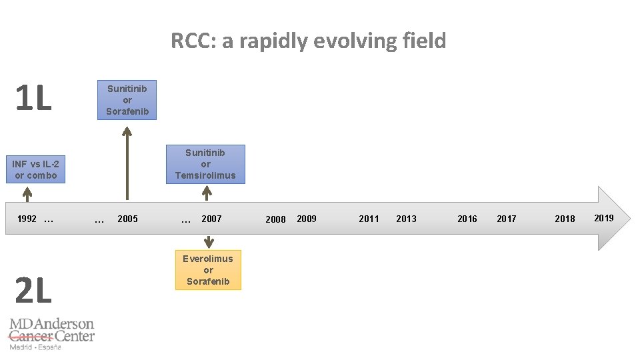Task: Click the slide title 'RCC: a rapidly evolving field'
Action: (308, 41)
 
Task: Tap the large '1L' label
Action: (33, 99)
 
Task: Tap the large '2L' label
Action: (33, 290)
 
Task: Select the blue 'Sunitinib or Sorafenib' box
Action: (127, 100)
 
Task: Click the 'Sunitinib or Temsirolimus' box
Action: (205, 164)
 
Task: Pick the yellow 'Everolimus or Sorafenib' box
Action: (208, 270)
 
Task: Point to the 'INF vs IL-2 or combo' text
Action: (36, 169)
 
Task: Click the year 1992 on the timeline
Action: (27, 219)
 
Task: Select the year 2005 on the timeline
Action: (127, 219)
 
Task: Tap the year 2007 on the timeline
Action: (211, 219)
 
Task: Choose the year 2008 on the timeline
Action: (275, 219)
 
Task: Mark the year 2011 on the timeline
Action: (369, 219)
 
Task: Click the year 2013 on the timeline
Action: (406, 219)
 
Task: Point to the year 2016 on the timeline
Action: (467, 219)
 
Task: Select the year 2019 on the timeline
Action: (604, 218)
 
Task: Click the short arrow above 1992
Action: (27, 193)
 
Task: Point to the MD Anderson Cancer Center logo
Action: (51, 334)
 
